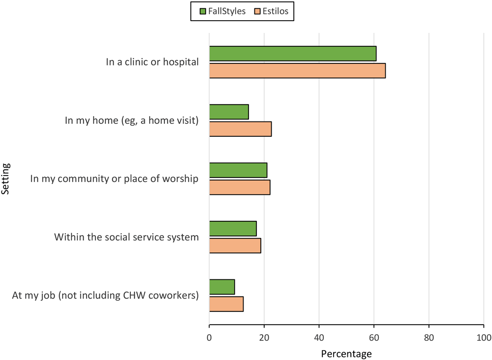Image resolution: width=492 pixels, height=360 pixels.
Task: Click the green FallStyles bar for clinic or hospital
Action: (293, 54)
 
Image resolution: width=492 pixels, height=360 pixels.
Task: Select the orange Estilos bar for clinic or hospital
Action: (297, 70)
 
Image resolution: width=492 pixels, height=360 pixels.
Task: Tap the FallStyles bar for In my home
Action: (229, 112)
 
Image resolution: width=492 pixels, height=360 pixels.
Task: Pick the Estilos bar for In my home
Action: (240, 129)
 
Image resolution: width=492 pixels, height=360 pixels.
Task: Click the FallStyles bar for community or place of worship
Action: (238, 170)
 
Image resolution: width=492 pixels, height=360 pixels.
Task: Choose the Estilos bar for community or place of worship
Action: (240, 187)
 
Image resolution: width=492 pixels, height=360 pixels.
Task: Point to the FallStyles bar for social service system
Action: (233, 229)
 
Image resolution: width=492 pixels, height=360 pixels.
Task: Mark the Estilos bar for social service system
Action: (235, 245)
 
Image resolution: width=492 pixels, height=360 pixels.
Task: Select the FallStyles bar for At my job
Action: (222, 287)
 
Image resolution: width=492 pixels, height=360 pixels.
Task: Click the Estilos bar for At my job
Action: (226, 304)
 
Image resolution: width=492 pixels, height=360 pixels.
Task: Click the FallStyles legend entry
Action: (222, 11)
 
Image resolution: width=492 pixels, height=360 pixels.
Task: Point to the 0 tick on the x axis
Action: (210, 338)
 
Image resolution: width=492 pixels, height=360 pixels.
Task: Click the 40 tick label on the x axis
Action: (319, 338)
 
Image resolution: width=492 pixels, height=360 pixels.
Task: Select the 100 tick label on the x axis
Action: (484, 338)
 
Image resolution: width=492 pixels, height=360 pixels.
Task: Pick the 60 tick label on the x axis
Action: (374, 338)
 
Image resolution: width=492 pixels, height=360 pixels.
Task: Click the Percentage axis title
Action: (346, 353)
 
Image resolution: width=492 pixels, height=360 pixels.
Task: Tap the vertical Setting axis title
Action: (6, 180)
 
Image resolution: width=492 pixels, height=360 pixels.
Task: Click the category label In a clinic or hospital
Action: (152, 62)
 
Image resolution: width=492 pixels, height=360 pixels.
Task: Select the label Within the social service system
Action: (126, 237)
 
